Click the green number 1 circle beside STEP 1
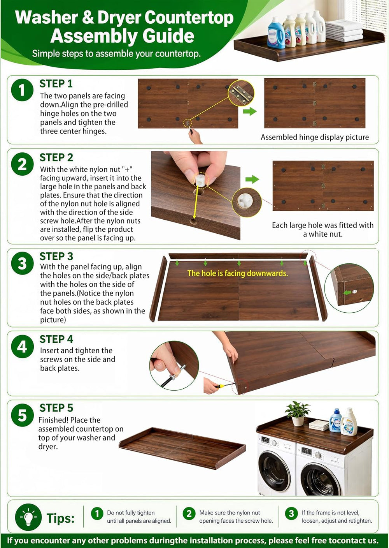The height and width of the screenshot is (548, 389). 22,90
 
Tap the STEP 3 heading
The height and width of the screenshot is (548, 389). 56,256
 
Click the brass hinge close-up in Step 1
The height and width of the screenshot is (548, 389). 241,93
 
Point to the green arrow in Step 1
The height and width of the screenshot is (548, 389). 250,111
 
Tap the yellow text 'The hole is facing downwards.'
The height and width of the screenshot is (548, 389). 238,273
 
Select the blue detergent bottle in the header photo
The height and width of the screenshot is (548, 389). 276,33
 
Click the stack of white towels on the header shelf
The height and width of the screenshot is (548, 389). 344,31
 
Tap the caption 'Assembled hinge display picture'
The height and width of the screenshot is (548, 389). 315,137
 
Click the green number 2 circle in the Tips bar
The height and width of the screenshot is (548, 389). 189,514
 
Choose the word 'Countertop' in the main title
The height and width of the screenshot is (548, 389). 189,18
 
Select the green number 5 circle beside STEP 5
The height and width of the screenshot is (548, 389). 22,416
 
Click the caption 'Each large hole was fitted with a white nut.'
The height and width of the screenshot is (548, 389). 322,229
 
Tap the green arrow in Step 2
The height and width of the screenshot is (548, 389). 252,179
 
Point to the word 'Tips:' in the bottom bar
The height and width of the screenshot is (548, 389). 60,518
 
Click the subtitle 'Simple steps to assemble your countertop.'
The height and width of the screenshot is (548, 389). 116,53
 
